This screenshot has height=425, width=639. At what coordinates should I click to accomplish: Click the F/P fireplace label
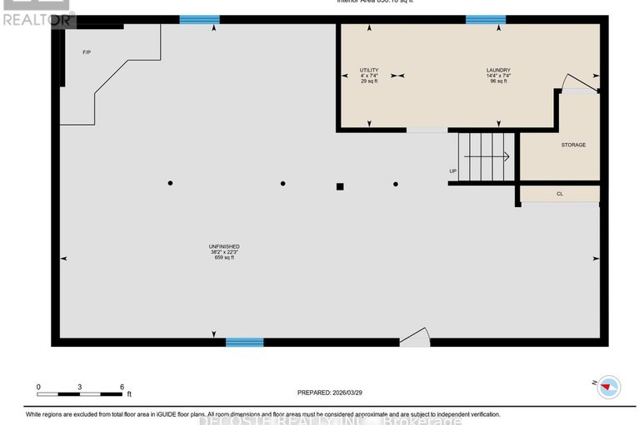tap(86, 52)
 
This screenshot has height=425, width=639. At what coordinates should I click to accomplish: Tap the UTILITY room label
tap(369, 70)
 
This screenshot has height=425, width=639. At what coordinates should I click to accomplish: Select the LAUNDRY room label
tap(498, 70)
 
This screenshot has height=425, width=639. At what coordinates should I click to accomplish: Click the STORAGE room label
tap(572, 145)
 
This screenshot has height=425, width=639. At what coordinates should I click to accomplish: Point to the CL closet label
tap(560, 194)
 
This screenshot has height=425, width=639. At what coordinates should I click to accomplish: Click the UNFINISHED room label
tap(224, 247)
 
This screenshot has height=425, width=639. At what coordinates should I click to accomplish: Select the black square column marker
tap(340, 186)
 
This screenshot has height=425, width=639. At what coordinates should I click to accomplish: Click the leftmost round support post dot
tap(170, 183)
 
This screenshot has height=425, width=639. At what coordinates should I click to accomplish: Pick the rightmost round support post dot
tap(396, 184)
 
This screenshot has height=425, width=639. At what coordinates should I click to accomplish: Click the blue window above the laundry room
tap(485, 19)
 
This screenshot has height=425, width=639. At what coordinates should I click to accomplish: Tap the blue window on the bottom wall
tap(244, 342)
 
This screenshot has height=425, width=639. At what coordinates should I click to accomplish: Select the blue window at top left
tap(200, 19)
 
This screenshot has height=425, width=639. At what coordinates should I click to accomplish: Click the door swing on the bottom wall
tap(415, 336)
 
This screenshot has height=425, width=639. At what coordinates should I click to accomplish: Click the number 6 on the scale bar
tap(122, 388)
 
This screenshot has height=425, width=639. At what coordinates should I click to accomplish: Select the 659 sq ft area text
tap(224, 258)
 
